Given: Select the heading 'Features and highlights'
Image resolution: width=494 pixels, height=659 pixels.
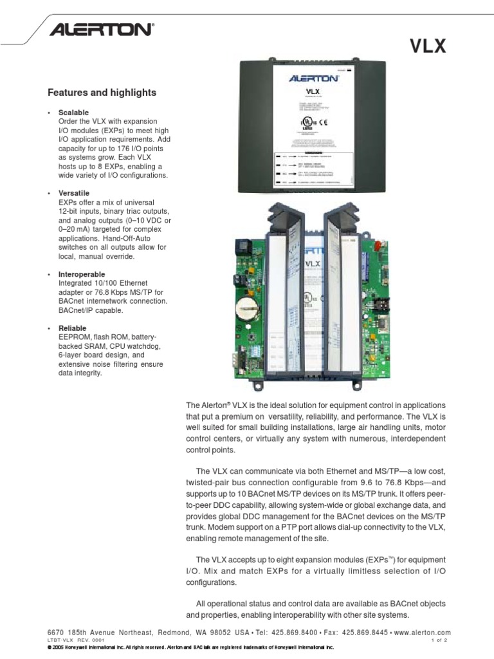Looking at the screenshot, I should click(102, 93).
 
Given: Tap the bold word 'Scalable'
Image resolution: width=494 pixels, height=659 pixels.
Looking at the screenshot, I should click(73, 113).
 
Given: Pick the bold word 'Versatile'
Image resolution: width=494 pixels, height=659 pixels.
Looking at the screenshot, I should click(74, 193).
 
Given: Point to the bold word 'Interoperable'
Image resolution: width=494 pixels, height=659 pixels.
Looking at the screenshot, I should click(82, 274).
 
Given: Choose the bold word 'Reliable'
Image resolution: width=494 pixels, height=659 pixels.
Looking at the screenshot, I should click(72, 328).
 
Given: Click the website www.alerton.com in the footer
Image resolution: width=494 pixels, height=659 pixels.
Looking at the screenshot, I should click(423, 633).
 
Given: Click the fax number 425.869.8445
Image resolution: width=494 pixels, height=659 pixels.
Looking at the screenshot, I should click(372, 633).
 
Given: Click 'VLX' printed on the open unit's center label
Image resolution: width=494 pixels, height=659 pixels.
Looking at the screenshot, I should click(312, 263).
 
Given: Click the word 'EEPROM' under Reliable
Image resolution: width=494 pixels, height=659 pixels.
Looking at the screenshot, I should click(73, 337).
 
